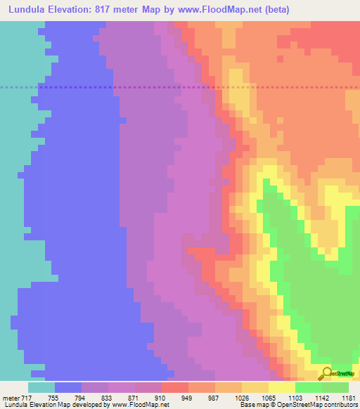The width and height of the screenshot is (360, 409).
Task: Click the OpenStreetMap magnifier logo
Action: click(326, 373)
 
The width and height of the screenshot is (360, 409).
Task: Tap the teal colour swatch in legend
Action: click(41, 387)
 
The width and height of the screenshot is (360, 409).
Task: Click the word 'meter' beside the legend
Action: click(10, 398)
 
